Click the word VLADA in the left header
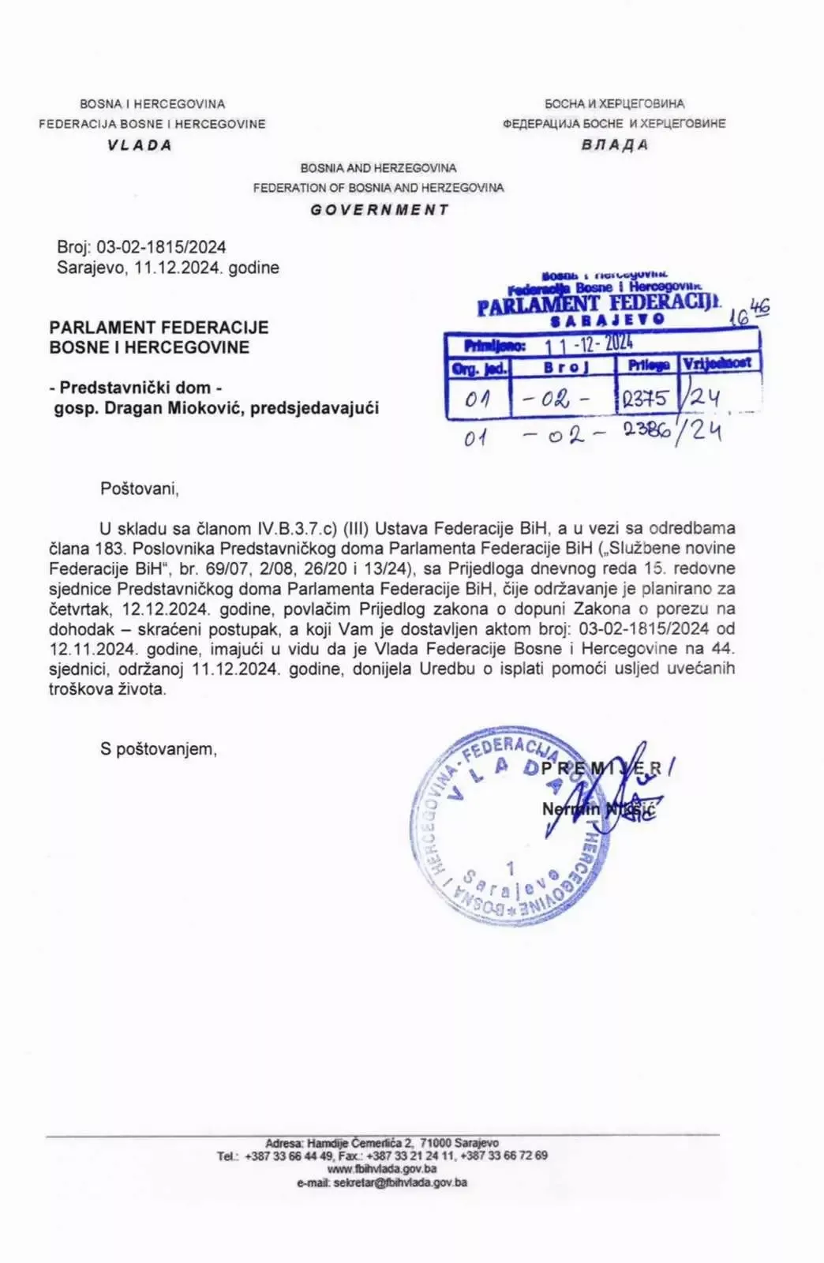[x=140, y=144]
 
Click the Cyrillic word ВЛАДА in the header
[x=615, y=144]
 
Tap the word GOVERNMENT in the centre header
[x=379, y=210]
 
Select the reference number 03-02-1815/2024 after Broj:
[x=161, y=247]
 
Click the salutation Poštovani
[x=140, y=489]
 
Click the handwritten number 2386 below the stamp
[x=645, y=431]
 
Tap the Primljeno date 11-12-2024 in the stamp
[x=589, y=344]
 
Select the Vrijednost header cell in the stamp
[x=718, y=364]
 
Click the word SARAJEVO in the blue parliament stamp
[x=607, y=320]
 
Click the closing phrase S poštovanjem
[x=158, y=749]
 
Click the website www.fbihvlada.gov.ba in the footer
[x=382, y=1169]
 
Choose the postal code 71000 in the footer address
[x=436, y=1143]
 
